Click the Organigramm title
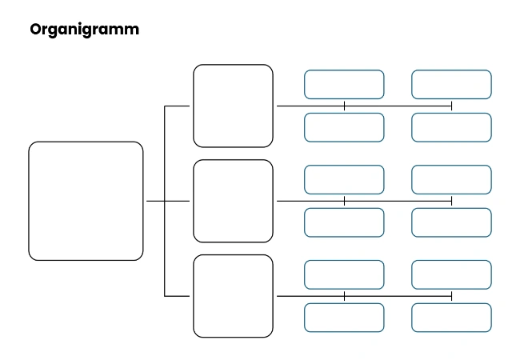(84, 30)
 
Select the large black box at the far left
(86, 201)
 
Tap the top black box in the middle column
(233, 106)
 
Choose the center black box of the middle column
(233, 201)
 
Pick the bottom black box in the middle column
(233, 296)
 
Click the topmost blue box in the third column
(344, 84)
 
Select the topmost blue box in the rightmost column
(451, 84)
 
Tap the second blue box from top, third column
(344, 127)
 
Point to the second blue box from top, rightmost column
(451, 127)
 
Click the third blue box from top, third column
(344, 179)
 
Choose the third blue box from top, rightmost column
(451, 179)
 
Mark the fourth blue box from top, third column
(344, 222)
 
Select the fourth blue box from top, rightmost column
(451, 222)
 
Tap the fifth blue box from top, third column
(344, 274)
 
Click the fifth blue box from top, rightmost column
(451, 274)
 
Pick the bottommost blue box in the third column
(344, 318)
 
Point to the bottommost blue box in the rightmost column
(451, 318)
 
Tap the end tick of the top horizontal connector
(452, 106)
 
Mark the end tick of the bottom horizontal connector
(452, 296)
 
